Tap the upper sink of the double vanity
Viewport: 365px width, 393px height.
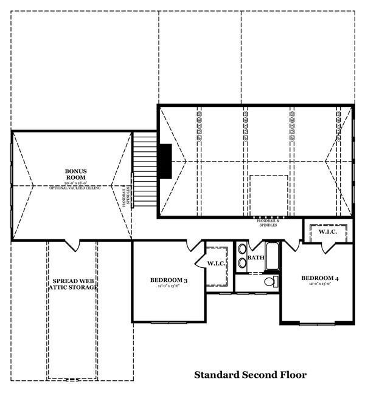[242, 249]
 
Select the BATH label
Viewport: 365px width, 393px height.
[255, 258]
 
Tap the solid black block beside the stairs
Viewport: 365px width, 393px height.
[165, 162]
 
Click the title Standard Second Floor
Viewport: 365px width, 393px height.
[250, 375]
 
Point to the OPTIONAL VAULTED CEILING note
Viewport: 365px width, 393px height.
[77, 188]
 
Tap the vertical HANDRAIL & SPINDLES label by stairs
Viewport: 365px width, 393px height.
[126, 195]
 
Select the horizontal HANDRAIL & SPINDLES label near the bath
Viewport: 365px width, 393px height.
[267, 222]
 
